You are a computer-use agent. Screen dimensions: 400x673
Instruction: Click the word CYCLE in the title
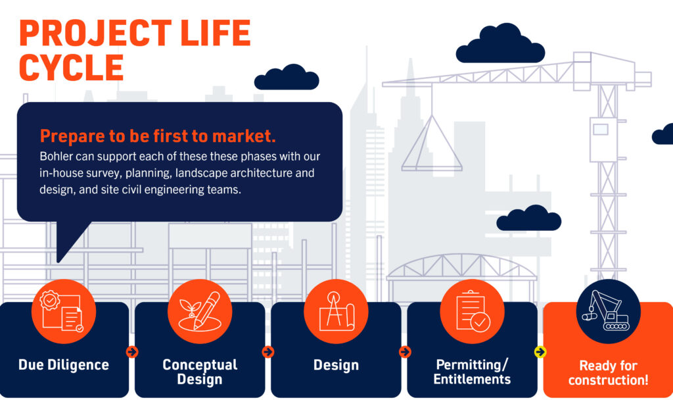[x=72, y=67]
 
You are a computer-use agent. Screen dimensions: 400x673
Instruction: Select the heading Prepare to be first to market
[x=158, y=136]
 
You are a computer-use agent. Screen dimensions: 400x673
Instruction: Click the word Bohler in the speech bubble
[x=57, y=159]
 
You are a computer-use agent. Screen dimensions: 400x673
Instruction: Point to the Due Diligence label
[x=64, y=364]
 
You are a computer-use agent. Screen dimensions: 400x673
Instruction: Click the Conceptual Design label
[x=200, y=372]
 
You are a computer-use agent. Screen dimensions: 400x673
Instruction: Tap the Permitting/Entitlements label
[x=472, y=372]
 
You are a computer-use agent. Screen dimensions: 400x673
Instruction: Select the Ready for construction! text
[x=608, y=373]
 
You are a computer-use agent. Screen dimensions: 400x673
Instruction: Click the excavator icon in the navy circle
[x=607, y=311]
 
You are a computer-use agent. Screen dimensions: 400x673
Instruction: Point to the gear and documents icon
[x=64, y=311]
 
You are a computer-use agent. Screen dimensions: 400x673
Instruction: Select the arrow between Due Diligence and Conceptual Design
[x=132, y=352]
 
